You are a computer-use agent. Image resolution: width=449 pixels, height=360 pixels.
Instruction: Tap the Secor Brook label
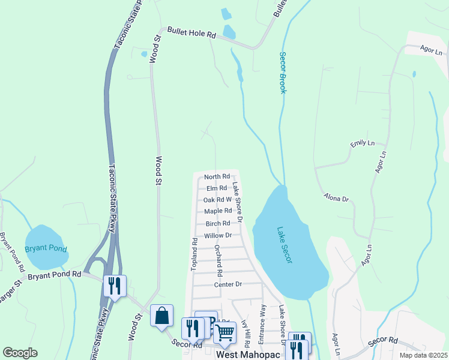[282, 72]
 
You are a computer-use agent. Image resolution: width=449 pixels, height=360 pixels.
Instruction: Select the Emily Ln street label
[363, 144]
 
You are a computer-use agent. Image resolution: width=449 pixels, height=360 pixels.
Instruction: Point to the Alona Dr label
[336, 197]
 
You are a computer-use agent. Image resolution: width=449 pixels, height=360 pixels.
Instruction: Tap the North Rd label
[217, 176]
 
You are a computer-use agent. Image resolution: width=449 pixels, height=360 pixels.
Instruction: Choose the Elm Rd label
[217, 188]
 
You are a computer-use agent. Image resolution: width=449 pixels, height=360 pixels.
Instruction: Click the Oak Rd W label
[217, 200]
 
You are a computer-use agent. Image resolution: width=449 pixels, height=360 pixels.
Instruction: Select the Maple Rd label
[217, 211]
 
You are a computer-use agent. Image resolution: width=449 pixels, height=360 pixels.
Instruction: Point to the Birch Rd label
[218, 223]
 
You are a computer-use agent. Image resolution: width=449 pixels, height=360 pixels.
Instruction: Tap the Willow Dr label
[217, 235]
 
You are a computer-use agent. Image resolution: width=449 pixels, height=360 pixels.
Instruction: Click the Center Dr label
[228, 284]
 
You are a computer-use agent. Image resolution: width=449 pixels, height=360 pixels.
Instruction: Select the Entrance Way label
[262, 324]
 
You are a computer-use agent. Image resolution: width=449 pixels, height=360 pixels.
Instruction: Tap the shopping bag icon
[161, 316]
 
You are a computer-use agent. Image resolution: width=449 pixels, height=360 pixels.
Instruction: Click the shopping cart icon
[224, 331]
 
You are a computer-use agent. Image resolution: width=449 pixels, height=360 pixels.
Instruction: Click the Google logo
[20, 353]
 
